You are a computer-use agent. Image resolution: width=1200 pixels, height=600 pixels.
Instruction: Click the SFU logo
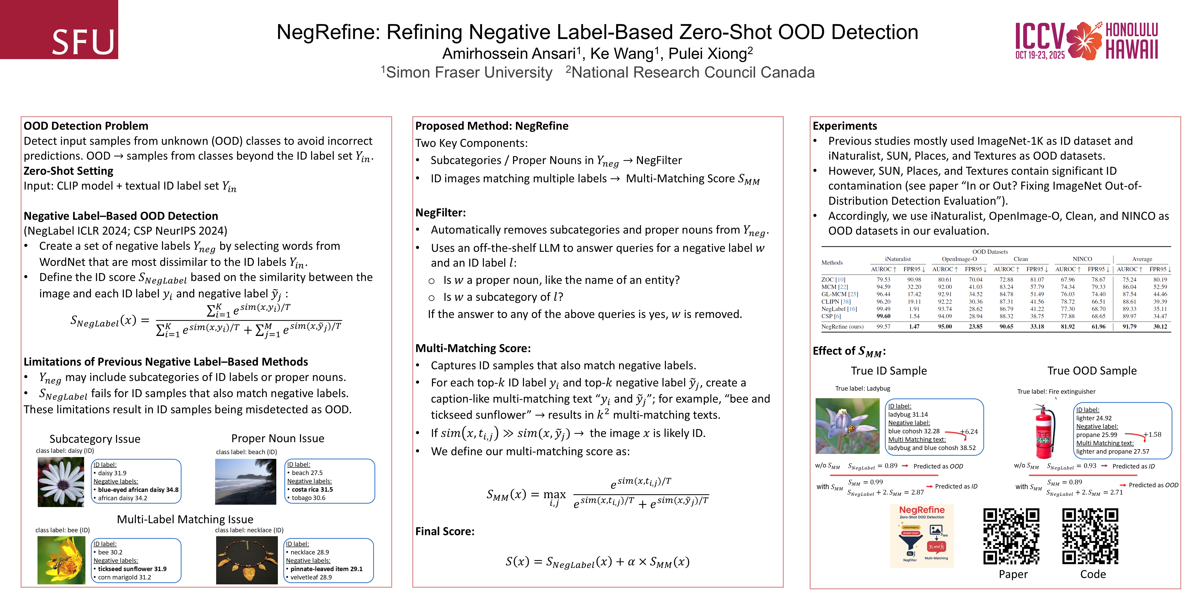click(x=59, y=30)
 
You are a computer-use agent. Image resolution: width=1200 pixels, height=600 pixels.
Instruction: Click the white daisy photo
click(x=61, y=482)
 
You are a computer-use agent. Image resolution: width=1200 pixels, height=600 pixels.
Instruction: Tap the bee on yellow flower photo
click(x=61, y=560)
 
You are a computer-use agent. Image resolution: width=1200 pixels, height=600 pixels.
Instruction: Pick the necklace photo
click(x=247, y=560)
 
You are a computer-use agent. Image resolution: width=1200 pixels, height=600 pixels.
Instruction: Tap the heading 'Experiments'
click(x=845, y=126)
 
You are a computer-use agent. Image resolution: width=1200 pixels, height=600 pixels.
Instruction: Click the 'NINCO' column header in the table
click(x=1082, y=259)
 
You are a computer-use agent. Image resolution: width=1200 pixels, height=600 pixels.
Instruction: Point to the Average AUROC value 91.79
click(x=1129, y=327)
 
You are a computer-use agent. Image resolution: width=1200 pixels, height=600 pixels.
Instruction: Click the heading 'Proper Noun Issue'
click(x=278, y=438)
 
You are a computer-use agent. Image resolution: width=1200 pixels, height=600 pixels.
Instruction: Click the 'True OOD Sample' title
click(x=1092, y=371)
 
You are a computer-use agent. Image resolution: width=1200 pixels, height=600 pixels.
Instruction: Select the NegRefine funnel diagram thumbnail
click(x=921, y=536)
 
